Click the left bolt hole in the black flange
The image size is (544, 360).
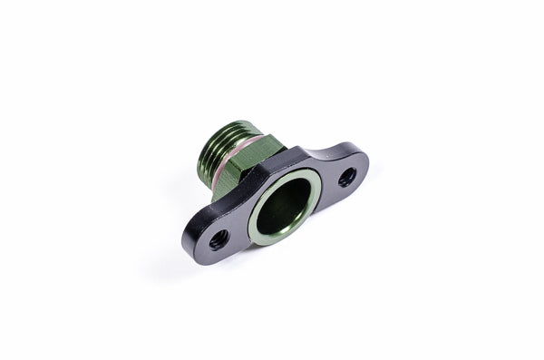[219, 240]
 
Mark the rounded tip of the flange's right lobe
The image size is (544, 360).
[365, 164]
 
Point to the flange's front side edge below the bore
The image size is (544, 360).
[272, 253]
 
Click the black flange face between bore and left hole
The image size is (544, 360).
[240, 227]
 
